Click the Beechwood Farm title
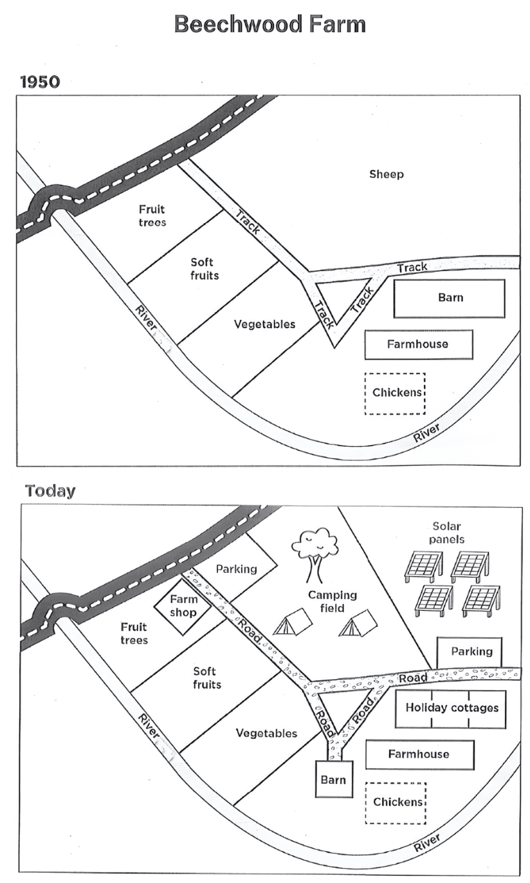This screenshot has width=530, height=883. coord(270,24)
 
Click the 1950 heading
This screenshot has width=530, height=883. coord(40,82)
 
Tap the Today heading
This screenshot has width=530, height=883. coord(50,491)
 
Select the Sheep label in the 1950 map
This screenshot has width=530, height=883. coord(386,174)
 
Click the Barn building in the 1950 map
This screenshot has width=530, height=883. coord(449,299)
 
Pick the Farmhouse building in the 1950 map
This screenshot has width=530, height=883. coord(419,344)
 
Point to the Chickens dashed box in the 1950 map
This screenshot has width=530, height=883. coord(395,393)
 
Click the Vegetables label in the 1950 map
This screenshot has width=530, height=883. coord(264,324)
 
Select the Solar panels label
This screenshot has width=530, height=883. coord(446,532)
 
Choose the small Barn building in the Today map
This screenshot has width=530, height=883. coord(334,779)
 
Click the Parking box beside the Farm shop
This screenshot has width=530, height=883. coord(237,567)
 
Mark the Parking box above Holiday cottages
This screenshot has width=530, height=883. coord(470,652)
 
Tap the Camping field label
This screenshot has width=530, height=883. coord(332,601)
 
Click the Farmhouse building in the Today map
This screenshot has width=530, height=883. coord(419,754)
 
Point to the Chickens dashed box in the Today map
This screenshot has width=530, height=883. coord(396,803)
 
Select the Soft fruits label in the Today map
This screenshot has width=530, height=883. coord(207,678)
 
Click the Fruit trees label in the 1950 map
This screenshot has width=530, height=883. coord(152,215)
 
